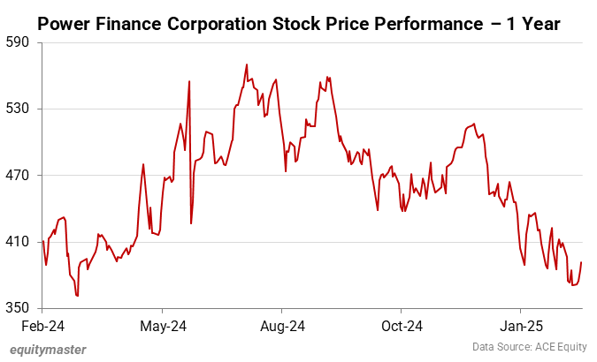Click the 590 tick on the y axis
coord(18,42)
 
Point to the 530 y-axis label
coord(18,109)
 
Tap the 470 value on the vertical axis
coord(18,175)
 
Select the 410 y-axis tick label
coord(18,241)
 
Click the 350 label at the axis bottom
coord(18,307)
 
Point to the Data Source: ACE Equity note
coord(529,348)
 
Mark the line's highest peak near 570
coord(247,64)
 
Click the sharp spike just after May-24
coord(189,81)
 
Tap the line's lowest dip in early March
coord(78,296)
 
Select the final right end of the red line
coord(581,262)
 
